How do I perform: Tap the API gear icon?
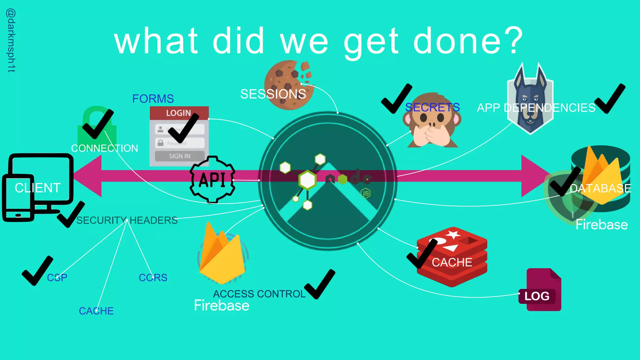tap(212, 180)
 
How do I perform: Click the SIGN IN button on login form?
tap(180, 156)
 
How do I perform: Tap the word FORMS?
tap(153, 99)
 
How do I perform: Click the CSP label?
tap(57, 277)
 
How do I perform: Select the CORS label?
tap(153, 277)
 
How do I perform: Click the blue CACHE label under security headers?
tap(96, 311)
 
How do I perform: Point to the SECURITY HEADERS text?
tap(127, 220)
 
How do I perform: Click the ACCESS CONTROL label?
tap(259, 294)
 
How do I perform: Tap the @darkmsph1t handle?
tap(11, 41)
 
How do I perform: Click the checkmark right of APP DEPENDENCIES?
tap(610, 98)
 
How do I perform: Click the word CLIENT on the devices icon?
tap(37, 188)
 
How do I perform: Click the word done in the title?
tap(457, 41)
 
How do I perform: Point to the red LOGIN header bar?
tap(179, 113)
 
